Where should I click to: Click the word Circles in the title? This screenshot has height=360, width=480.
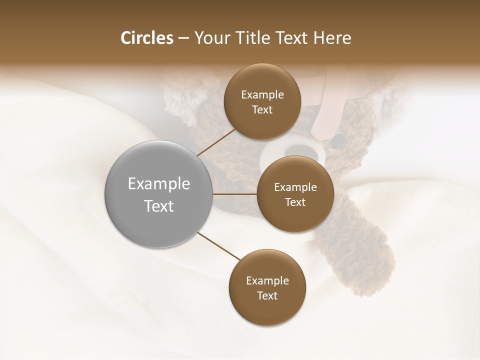coord(147,38)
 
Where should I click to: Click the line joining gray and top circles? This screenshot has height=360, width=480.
coord(217,141)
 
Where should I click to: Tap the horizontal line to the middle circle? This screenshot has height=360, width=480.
coord(235,194)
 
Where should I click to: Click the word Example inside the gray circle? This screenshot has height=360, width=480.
coord(159,184)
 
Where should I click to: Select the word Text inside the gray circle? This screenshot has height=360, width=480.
coord(159,206)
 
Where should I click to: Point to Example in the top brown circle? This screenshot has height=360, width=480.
coord(262,95)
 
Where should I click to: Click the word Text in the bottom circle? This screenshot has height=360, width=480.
coord(267,295)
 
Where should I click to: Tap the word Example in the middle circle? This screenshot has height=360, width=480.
coord(295,187)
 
